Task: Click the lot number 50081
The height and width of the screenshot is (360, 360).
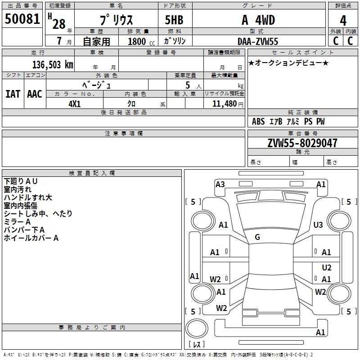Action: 22,18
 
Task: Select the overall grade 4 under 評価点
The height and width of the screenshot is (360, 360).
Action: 343,21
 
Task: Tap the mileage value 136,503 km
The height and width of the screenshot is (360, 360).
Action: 53,65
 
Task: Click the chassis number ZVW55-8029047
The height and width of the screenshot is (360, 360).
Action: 302,143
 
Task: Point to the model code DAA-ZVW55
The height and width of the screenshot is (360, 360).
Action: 257,41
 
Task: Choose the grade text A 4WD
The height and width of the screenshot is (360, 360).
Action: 258,20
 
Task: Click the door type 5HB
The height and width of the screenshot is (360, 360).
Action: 174,20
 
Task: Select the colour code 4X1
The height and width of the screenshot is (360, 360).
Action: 74,104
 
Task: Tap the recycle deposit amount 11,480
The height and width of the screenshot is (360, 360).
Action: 224,104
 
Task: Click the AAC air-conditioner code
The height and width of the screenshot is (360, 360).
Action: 35,94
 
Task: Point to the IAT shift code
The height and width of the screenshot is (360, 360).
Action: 13,94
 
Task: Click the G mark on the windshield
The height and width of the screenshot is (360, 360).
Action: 257,237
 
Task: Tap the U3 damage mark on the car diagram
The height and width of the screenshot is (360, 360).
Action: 318,225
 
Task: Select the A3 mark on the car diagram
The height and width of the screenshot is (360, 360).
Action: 220,184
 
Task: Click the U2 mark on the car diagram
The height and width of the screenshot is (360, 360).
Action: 327,267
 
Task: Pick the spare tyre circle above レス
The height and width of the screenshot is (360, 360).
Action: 197,328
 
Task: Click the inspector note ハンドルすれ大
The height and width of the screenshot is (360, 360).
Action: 28,198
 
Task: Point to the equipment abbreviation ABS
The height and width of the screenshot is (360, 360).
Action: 258,121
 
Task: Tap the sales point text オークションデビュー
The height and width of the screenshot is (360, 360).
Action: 288,63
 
